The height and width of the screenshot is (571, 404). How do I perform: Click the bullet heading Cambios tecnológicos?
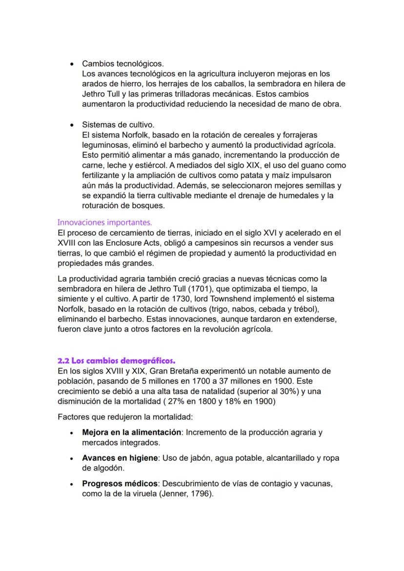(123, 64)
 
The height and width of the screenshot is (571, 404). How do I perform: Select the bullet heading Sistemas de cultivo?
(118, 124)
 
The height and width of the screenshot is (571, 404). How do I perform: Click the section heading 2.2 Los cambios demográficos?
(116, 361)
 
